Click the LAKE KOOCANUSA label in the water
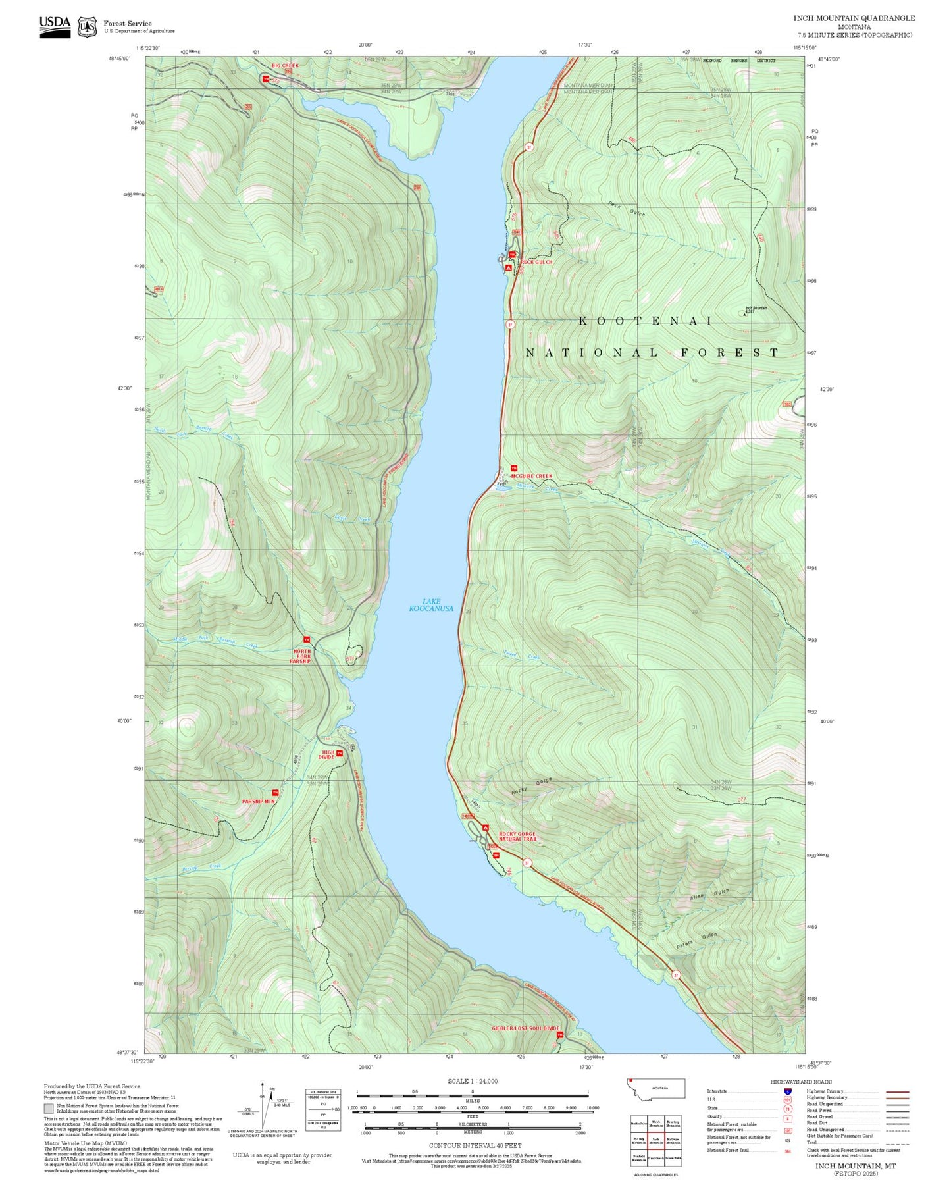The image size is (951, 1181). [431, 604]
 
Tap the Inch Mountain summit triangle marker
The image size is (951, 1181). [744, 313]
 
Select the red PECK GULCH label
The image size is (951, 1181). [536, 262]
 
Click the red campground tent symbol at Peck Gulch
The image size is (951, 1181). [508, 268]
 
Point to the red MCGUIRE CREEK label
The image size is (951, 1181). [532, 476]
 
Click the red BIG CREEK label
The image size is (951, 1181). [285, 66]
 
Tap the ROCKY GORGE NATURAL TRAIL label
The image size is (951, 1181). [517, 837]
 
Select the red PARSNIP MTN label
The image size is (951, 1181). [258, 801]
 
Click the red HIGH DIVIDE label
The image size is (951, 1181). [327, 754]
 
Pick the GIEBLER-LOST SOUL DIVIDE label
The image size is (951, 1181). [525, 1028]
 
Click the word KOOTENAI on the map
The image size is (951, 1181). [645, 321]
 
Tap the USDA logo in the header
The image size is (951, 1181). [55, 26]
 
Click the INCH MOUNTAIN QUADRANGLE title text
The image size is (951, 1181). [854, 18]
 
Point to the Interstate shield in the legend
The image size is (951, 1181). [787, 1091]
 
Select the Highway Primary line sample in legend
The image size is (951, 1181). [897, 1091]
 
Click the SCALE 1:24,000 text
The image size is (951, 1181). [472, 1081]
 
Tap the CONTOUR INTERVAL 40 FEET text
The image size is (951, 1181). [475, 1145]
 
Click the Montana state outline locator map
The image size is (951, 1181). [655, 1088]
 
